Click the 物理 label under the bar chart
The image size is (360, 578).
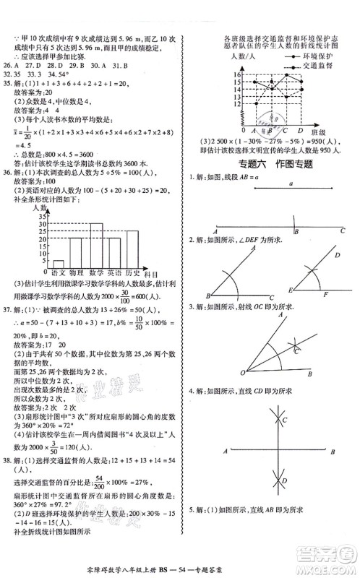[x=77, y=272]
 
